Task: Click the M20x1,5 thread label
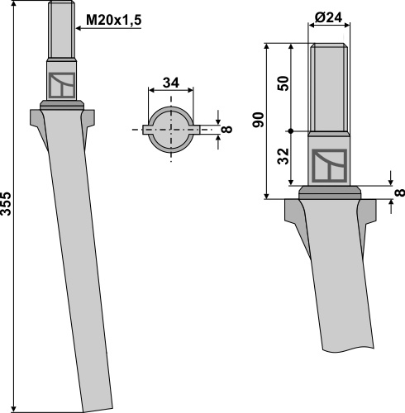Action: click(113, 20)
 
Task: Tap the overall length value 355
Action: click(6, 204)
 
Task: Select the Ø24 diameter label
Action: click(328, 18)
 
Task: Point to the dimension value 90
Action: click(258, 120)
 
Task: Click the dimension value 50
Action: click(283, 83)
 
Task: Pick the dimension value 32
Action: click(283, 156)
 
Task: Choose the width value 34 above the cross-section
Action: click(171, 83)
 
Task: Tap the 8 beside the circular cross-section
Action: click(227, 129)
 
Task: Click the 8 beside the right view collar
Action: click(399, 192)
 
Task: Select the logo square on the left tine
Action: click(62, 85)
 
